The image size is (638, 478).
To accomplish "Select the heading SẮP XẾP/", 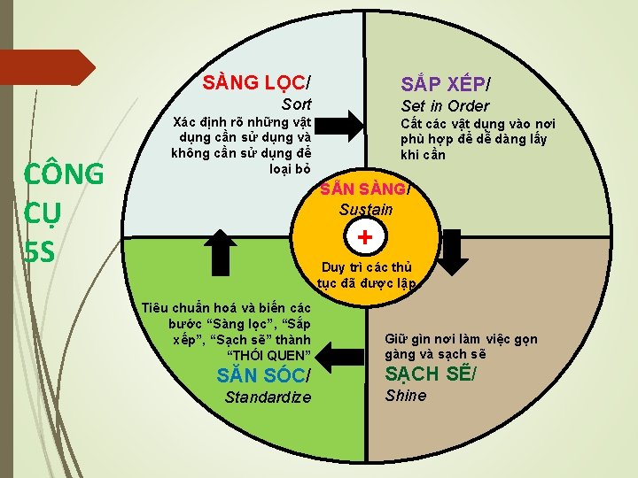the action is (x=446, y=84).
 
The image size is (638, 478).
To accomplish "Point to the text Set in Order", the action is (x=445, y=106).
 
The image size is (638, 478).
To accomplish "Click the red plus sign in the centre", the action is (x=364, y=237).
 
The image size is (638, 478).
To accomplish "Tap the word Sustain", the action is (x=365, y=210).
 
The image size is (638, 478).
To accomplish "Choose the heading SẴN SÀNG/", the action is (x=365, y=190).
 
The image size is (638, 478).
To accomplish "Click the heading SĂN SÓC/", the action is (x=264, y=374).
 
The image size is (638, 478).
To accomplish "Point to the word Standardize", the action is (x=268, y=397).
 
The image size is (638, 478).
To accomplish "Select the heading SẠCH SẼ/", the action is (x=430, y=373).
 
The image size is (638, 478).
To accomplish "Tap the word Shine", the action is (x=406, y=396).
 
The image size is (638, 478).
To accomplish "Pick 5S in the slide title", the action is (x=42, y=252).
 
